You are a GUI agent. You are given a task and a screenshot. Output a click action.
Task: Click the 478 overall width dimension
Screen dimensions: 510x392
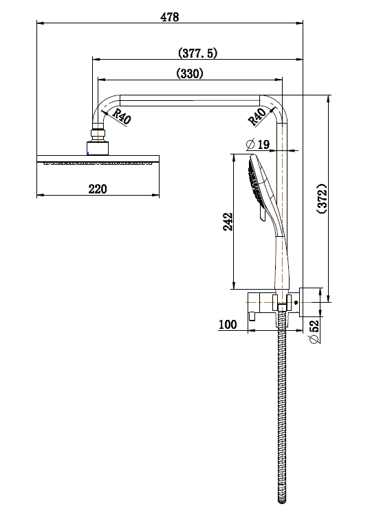(169, 18)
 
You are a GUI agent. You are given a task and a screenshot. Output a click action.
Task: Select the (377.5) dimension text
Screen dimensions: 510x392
(197, 53)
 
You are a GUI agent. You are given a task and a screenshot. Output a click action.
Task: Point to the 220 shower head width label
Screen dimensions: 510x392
(98, 189)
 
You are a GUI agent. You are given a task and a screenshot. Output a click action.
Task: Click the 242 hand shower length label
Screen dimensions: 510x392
(228, 221)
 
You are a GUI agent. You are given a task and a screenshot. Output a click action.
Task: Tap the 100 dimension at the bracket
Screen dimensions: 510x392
(228, 324)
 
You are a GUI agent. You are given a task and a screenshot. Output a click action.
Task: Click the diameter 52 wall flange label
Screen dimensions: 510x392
(314, 332)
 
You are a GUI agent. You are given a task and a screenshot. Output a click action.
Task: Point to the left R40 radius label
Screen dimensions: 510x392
(122, 117)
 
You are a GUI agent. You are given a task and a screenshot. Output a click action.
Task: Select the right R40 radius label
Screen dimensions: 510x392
(257, 117)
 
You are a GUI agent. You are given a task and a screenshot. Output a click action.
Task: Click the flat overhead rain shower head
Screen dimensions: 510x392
(98, 161)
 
